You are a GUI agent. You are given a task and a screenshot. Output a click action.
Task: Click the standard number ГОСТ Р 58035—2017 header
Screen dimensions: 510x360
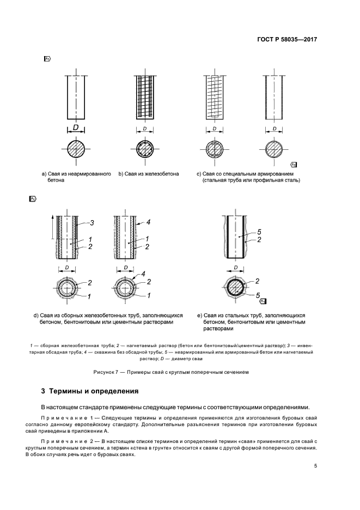pyautogui.click(x=286, y=40)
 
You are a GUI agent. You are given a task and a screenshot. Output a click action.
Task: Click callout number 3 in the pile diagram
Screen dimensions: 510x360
pyautogui.click(x=93, y=222)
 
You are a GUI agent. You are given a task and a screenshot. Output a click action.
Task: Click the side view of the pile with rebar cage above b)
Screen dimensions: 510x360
pyautogui.click(x=145, y=96)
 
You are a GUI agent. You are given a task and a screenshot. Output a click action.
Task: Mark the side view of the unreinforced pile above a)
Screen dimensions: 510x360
pyautogui.click(x=76, y=96)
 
